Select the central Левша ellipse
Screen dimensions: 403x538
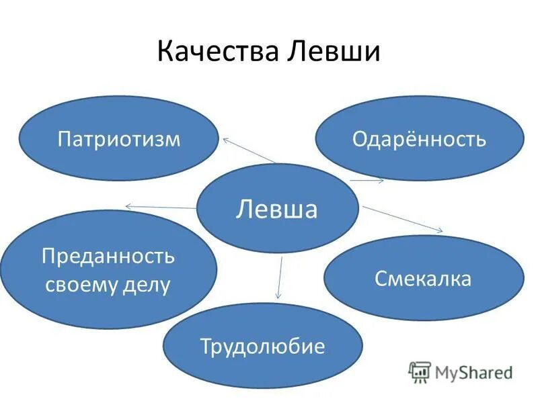click(277, 208)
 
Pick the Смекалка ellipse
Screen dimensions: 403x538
click(424, 277)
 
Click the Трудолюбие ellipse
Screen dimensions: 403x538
click(262, 346)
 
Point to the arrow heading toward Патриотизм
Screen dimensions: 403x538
click(249, 150)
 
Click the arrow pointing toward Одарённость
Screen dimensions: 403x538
click(367, 180)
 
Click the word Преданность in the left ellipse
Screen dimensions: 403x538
click(108, 256)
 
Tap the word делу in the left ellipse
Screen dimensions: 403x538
click(149, 285)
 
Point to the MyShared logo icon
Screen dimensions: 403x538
click(420, 371)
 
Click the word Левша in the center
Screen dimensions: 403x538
click(277, 209)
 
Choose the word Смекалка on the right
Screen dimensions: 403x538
click(424, 277)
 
